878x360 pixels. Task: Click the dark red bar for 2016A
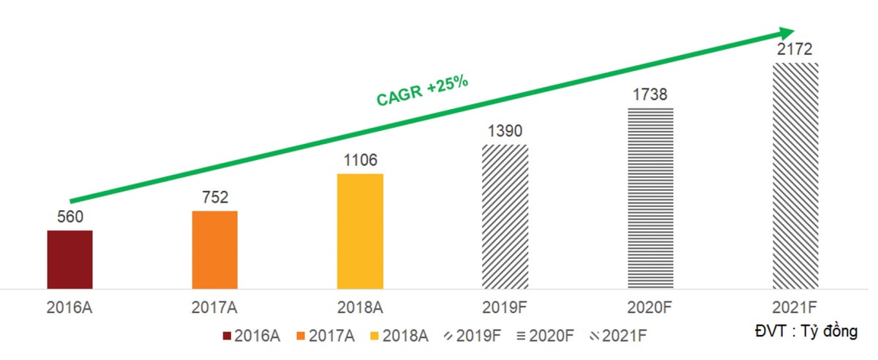[x=70, y=259]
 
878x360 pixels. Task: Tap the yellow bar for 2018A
[x=360, y=230]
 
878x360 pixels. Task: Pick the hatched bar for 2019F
[x=505, y=216]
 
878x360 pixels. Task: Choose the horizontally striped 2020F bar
[x=650, y=198]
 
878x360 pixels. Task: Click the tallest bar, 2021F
[x=795, y=176]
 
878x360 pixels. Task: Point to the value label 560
[x=70, y=217]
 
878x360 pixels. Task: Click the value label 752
[x=215, y=197]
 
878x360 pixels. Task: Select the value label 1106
[x=360, y=160]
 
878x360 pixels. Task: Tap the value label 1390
[x=505, y=131]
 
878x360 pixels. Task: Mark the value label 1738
[x=650, y=95]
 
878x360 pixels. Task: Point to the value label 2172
[x=795, y=50]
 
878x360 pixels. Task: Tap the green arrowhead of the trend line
[x=787, y=32]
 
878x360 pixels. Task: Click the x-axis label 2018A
[x=360, y=308]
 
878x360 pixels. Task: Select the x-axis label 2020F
[x=650, y=308]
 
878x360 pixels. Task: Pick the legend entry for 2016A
[x=252, y=336]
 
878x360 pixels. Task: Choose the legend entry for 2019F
[x=473, y=336]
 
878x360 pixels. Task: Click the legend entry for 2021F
[x=619, y=336]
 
